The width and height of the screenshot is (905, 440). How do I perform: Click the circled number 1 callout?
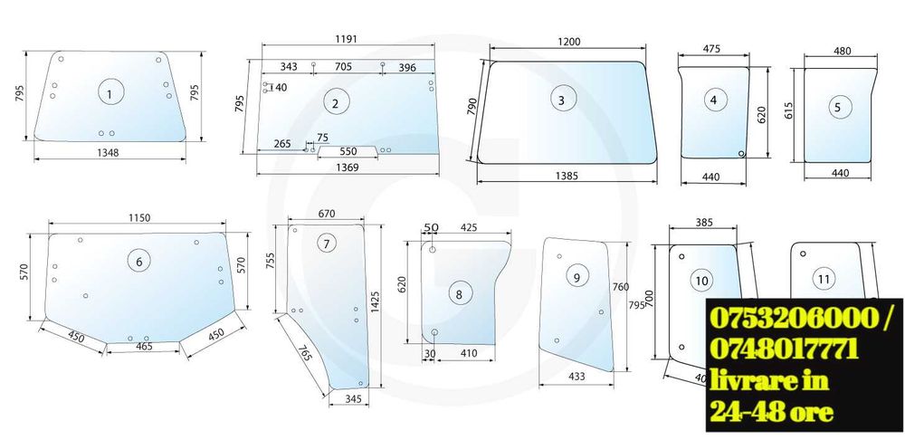[x=111, y=92]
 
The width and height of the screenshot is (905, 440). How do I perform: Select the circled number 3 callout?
[x=561, y=100]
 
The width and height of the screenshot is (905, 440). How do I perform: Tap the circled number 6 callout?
[x=139, y=262]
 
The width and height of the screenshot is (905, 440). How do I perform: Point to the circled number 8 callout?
[x=459, y=294]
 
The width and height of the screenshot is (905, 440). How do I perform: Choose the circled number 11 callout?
[x=824, y=280]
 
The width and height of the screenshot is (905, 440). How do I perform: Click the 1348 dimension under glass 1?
[x=108, y=152]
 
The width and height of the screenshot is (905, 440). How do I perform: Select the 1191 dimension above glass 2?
[x=346, y=39]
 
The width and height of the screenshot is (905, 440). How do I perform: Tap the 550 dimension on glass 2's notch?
[x=348, y=151]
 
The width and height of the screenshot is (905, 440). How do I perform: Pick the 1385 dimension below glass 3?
[x=567, y=177]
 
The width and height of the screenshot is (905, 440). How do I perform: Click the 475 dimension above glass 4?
[x=711, y=49]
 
